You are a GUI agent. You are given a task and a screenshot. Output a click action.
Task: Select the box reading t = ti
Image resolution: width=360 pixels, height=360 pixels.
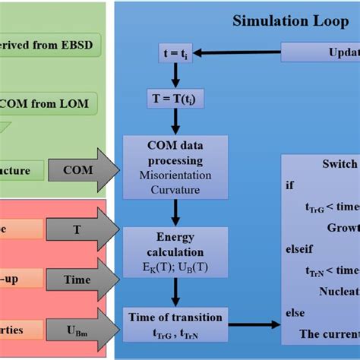click(x=177, y=53)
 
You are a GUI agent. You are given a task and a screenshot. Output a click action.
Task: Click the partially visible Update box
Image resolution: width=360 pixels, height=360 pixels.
click(x=321, y=53)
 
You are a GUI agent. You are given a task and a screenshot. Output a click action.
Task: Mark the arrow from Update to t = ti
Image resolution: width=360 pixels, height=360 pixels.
click(x=243, y=53)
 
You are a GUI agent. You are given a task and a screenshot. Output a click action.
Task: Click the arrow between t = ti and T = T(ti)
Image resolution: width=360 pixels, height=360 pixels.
click(x=177, y=75)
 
